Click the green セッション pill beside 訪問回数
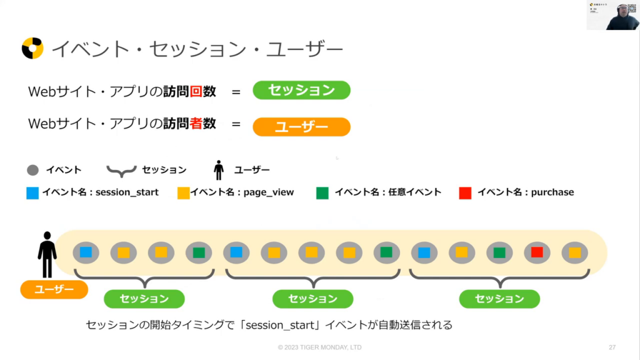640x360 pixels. click(301, 90)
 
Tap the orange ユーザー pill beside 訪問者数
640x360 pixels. click(301, 127)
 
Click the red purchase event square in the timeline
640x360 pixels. click(537, 252)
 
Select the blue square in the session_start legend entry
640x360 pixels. click(32, 192)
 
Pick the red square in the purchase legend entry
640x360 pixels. click(465, 192)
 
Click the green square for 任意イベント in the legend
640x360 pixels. click(322, 192)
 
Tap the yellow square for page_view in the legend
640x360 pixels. click(183, 192)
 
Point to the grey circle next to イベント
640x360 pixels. click(33, 170)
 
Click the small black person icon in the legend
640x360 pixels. click(219, 170)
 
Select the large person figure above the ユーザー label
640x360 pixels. click(47, 254)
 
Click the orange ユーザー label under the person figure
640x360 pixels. click(54, 289)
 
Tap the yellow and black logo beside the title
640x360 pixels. click(32, 48)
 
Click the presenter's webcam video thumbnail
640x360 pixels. click(612, 15)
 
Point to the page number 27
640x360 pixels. click(612, 347)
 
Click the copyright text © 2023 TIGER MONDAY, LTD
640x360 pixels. click(319, 347)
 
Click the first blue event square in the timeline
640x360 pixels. click(86, 252)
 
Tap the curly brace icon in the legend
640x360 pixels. click(121, 170)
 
